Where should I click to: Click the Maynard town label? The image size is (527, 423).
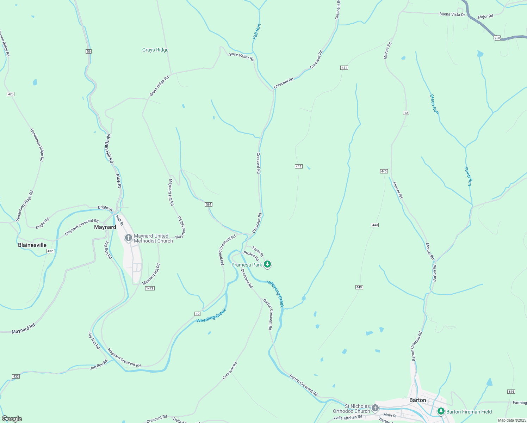(105, 227)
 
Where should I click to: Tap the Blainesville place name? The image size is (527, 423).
(32, 245)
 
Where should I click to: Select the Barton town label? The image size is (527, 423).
(417, 400)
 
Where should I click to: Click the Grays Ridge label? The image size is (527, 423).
(155, 50)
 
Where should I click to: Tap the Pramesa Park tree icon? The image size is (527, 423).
(267, 264)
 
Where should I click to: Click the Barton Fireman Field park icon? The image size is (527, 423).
(441, 411)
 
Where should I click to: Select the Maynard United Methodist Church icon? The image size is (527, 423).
(129, 238)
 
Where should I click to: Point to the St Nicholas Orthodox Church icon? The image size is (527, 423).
(375, 408)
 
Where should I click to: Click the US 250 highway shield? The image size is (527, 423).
(497, 38)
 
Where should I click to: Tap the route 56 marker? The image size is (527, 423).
(88, 51)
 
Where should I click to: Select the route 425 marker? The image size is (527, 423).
(11, 94)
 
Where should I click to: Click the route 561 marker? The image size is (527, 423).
(209, 204)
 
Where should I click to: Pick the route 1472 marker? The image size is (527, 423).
(150, 288)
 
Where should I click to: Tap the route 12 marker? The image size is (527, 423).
(406, 113)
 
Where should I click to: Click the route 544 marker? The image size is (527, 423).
(511, 392)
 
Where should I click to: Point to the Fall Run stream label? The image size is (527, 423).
(257, 31)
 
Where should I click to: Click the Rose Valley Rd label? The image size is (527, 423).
(242, 56)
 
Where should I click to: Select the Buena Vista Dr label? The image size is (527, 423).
(452, 14)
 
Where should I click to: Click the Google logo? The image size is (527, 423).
(12, 418)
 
